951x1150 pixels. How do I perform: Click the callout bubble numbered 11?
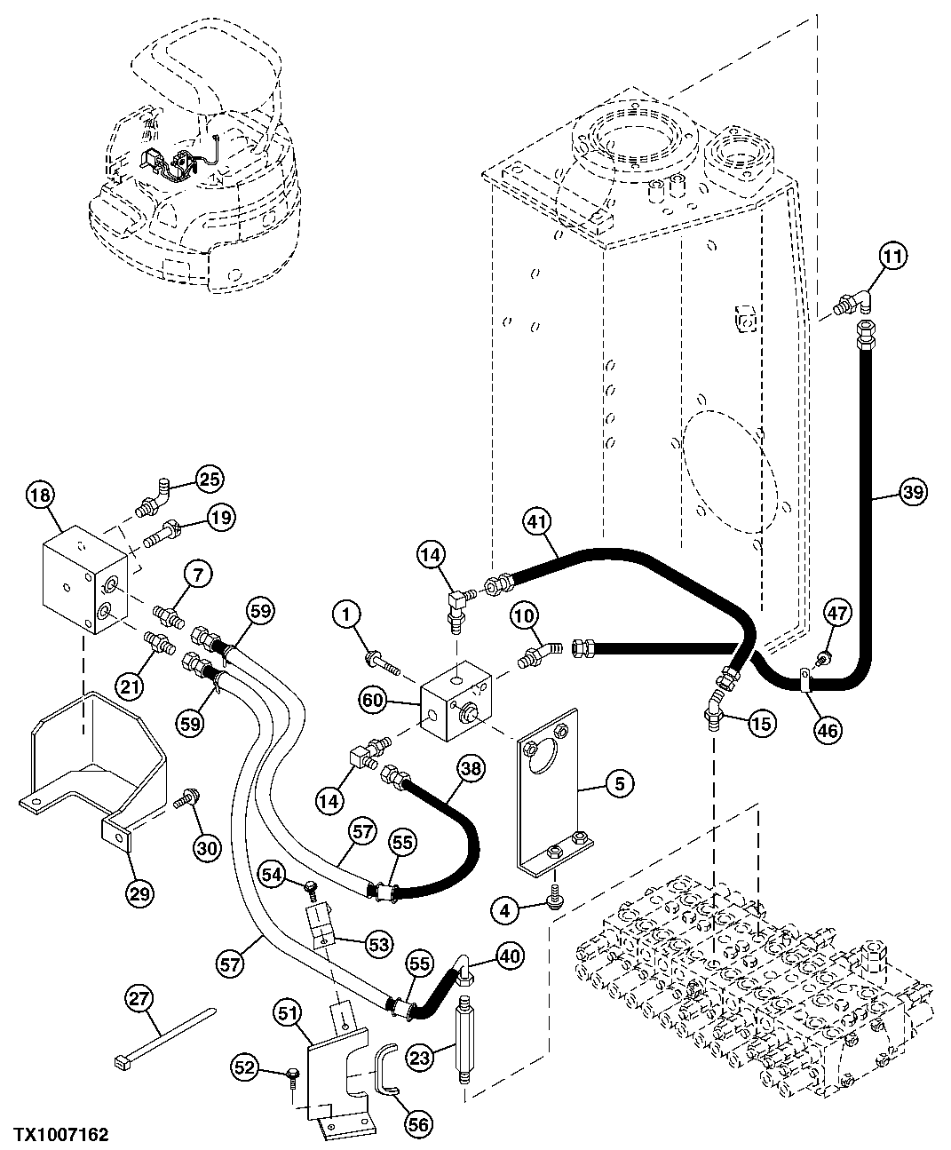tap(893, 258)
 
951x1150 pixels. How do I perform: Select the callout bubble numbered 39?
tap(912, 490)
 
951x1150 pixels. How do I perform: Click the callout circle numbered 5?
tap(620, 782)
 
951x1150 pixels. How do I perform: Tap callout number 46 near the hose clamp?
tap(828, 731)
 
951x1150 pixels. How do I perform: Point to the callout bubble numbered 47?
tap(837, 614)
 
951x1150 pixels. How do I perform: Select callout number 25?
tap(209, 479)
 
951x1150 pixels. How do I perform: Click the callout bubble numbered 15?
tap(761, 724)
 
